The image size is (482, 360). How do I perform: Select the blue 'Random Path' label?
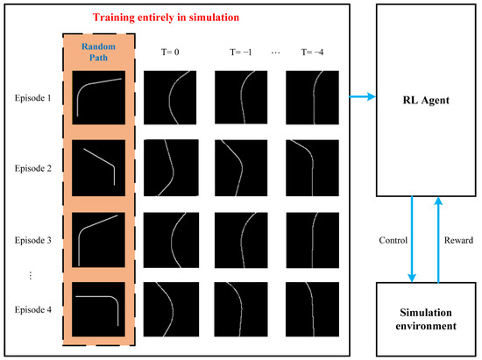(97, 55)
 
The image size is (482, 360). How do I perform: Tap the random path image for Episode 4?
(98, 307)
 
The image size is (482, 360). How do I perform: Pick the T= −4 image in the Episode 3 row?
(312, 237)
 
